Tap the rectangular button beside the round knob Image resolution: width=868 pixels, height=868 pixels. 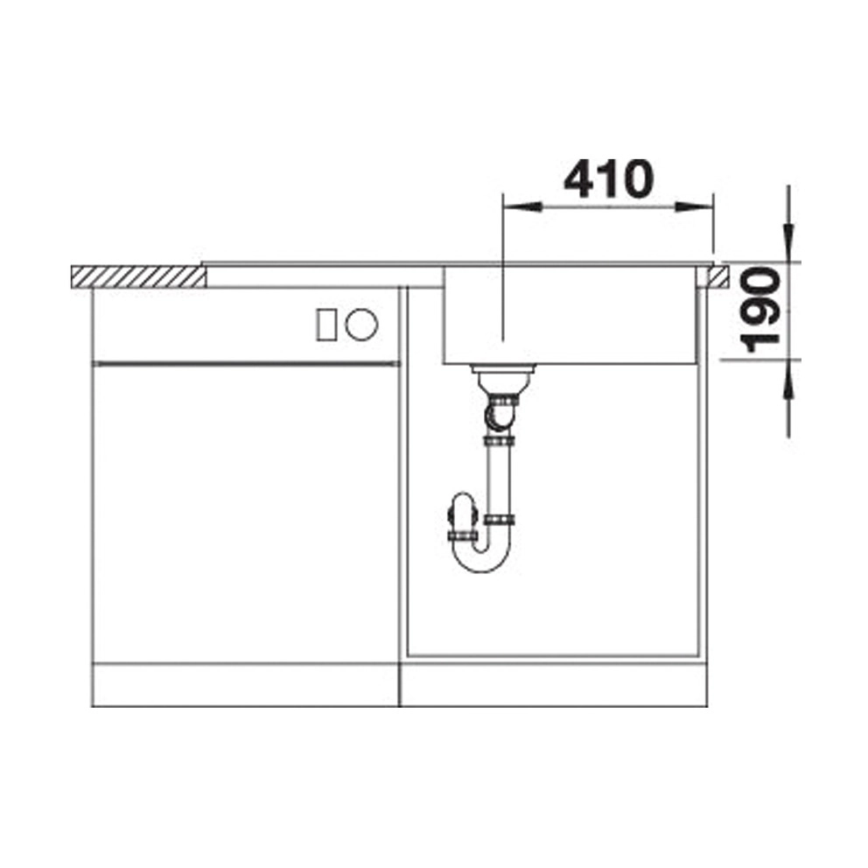(326, 325)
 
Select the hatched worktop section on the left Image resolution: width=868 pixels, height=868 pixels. (139, 276)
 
